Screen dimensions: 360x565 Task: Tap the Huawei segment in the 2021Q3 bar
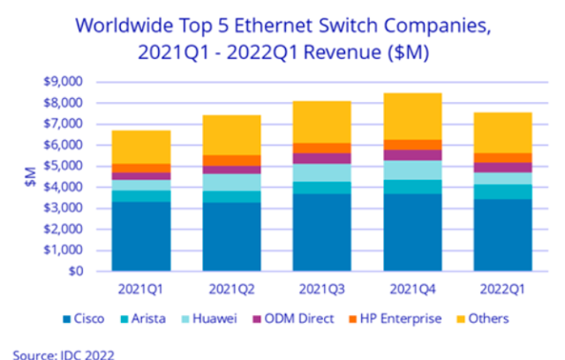tap(321, 173)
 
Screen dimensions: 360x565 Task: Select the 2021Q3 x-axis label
tap(321, 288)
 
